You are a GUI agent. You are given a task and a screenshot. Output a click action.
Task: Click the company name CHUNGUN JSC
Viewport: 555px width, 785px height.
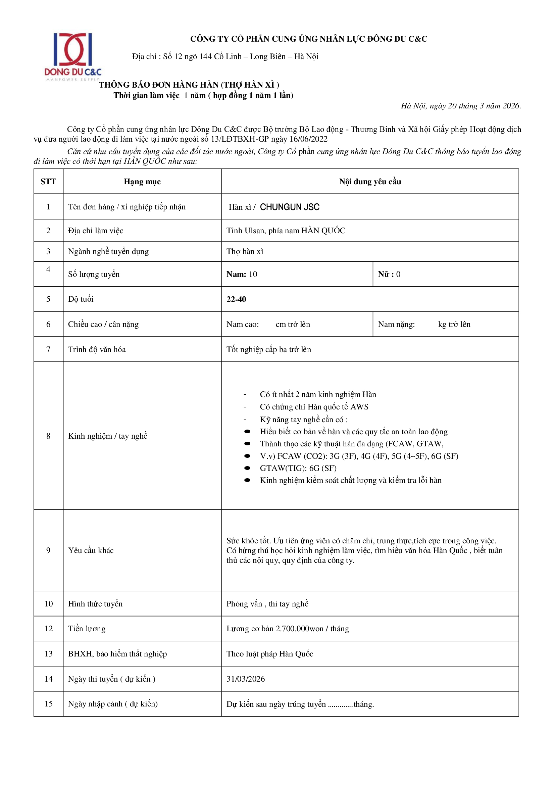pos(290,207)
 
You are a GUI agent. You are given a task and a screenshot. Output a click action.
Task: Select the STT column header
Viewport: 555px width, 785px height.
pos(48,182)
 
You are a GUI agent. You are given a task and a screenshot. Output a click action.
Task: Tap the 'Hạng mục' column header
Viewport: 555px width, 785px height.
pos(142,182)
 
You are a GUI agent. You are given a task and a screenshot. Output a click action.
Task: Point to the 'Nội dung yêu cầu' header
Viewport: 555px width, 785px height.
pos(370,182)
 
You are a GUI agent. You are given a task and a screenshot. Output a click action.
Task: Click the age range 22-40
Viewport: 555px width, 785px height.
pos(236,299)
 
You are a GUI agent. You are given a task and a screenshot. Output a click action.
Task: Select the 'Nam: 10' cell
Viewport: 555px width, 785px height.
pos(242,274)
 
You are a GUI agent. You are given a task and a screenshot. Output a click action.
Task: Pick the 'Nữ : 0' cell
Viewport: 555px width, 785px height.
pos(389,274)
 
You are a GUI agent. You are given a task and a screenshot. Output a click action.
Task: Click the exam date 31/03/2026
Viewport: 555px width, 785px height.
pos(245,679)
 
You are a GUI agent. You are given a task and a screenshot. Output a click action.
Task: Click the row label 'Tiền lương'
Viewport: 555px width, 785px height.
pos(87,628)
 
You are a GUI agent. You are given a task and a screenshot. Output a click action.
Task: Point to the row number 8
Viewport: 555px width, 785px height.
pos(48,436)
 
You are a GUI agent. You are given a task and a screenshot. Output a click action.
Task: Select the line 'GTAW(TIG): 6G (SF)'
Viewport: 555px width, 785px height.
pos(298,468)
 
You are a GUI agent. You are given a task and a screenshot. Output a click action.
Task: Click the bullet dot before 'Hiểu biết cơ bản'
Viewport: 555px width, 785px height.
pos(247,432)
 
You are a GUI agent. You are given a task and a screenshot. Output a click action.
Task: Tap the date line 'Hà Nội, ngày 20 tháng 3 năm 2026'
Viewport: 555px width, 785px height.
pos(461,106)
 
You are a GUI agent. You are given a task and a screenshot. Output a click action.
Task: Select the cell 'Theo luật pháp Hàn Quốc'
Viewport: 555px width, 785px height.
pos(270,654)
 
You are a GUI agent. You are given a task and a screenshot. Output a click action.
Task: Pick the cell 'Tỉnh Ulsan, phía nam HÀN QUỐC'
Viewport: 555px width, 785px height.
pos(286,231)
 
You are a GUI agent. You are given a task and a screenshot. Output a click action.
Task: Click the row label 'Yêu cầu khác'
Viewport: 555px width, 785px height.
pos(91,550)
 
